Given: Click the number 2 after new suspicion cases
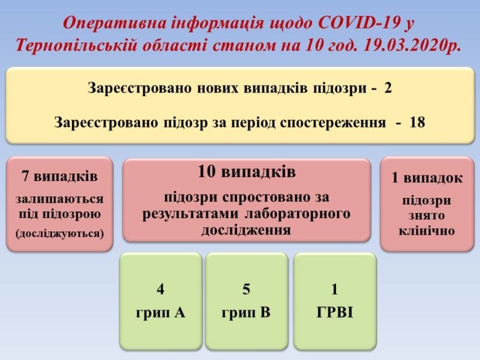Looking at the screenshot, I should tap(388, 88).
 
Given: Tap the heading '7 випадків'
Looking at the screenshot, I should tap(59, 176).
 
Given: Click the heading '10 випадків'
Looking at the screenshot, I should tap(247, 173).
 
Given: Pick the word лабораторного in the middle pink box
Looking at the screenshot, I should tap(298, 214).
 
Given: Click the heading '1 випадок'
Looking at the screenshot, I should tap(427, 178).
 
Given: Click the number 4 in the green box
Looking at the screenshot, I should tap(160, 290).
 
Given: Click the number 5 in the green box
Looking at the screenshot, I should tap(246, 290).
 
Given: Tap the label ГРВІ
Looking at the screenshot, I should tap(334, 312).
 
